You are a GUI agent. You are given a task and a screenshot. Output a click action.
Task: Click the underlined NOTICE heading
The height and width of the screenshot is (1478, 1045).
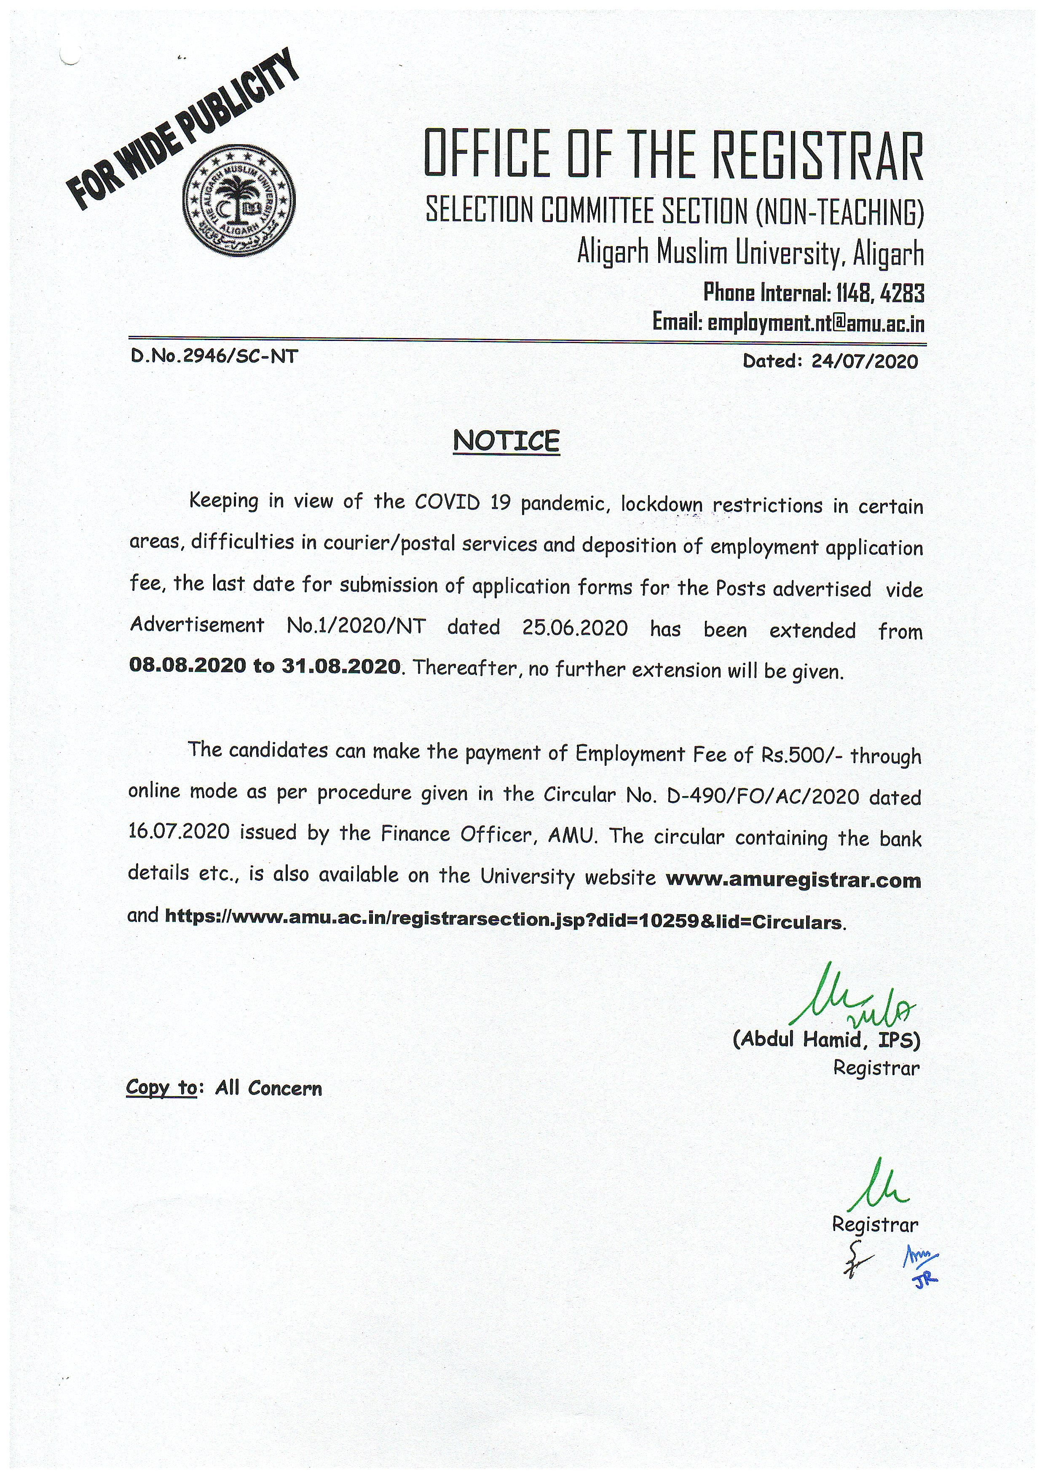click(506, 442)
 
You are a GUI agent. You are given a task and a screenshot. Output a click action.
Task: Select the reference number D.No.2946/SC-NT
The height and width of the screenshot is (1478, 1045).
click(214, 357)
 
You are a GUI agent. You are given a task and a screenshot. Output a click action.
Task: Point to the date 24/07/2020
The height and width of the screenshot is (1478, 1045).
click(864, 361)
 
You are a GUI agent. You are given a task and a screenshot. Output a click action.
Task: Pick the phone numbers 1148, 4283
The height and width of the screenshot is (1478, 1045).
click(880, 294)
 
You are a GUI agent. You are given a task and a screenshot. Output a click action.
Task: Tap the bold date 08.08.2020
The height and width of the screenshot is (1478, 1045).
click(187, 665)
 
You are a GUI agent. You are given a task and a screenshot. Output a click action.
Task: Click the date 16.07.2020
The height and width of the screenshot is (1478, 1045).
click(178, 832)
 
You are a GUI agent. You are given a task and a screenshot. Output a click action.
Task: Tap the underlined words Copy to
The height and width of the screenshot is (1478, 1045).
click(161, 1087)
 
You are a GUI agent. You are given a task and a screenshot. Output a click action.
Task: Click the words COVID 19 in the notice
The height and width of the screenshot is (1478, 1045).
click(462, 502)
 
